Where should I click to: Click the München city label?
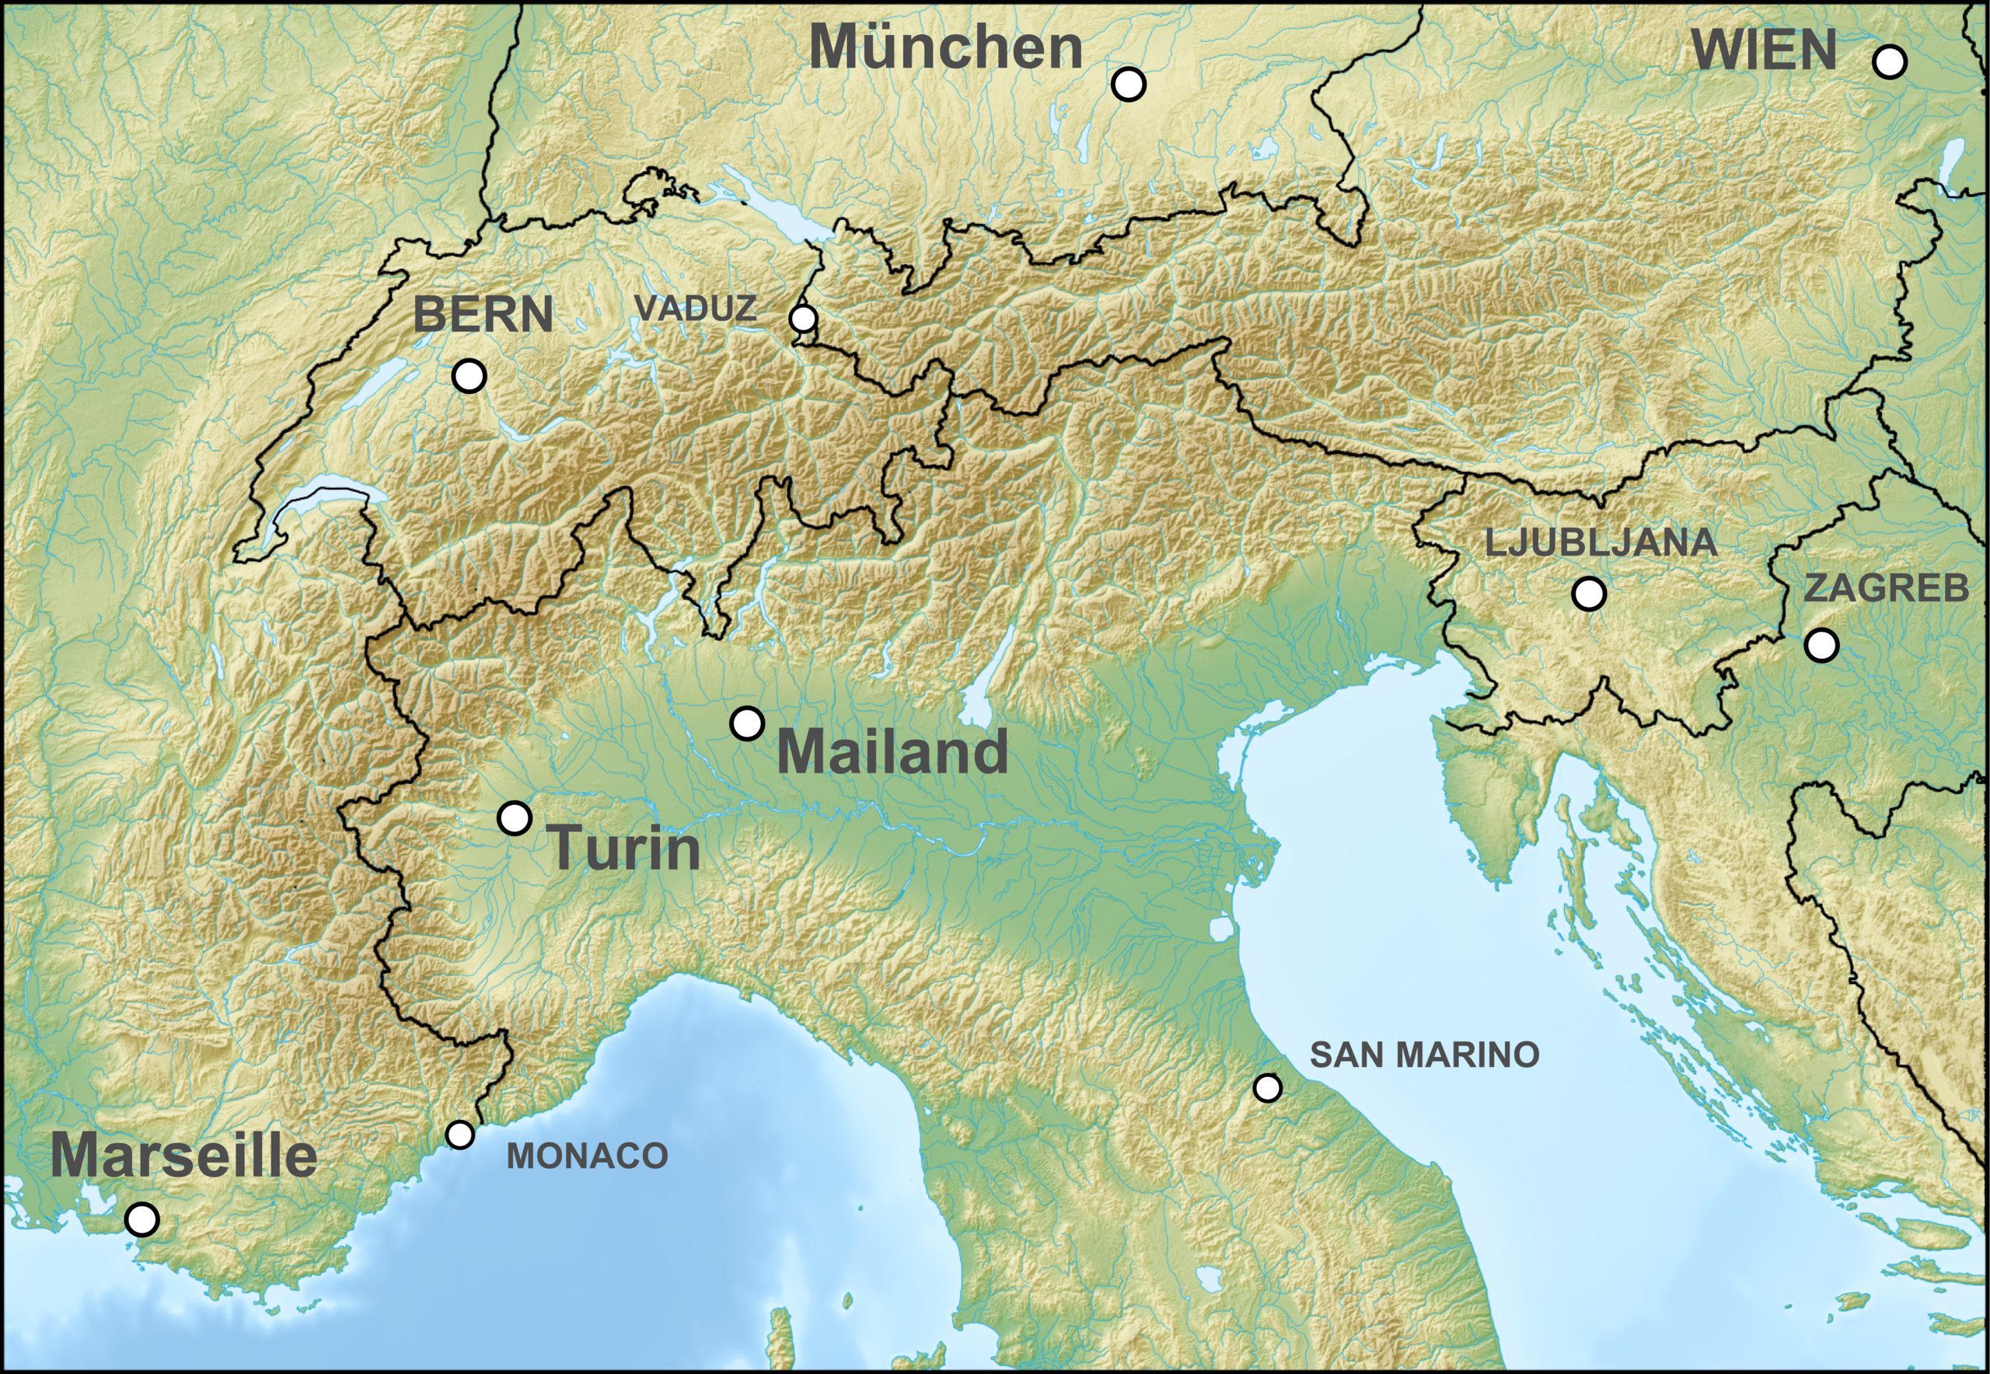pyautogui.click(x=945, y=48)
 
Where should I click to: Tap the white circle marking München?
pyautogui.click(x=1128, y=83)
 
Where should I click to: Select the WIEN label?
pyautogui.click(x=1765, y=50)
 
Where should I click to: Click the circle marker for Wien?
pyautogui.click(x=1889, y=62)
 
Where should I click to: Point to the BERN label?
pyautogui.click(x=483, y=314)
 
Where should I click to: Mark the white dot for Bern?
pyautogui.click(x=470, y=376)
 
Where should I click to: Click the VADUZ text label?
pyautogui.click(x=695, y=309)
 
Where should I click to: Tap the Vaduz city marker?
pyautogui.click(x=802, y=319)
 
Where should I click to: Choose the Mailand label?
pyautogui.click(x=892, y=752)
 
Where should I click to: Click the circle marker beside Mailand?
pyautogui.click(x=746, y=724)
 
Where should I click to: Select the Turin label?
pyautogui.click(x=625, y=847)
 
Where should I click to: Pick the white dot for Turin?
pyautogui.click(x=515, y=817)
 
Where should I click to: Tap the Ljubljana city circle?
pyautogui.click(x=1589, y=593)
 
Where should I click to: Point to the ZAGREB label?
pyautogui.click(x=1886, y=588)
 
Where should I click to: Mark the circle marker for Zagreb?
pyautogui.click(x=1821, y=644)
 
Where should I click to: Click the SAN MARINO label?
pyautogui.click(x=1424, y=1055)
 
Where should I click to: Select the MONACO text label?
pyautogui.click(x=587, y=1156)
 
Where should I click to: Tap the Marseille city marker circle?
pyautogui.click(x=142, y=1219)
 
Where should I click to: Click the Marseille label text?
pyautogui.click(x=183, y=1156)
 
